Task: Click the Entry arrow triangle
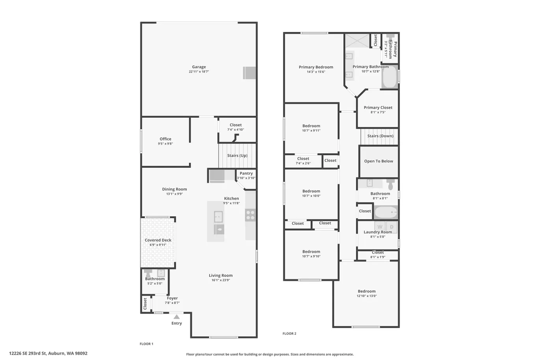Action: (x=177, y=317)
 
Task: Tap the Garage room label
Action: (x=199, y=67)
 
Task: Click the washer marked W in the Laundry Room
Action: (x=380, y=226)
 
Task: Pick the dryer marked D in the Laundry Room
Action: (x=392, y=226)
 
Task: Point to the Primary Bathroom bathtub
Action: (x=390, y=76)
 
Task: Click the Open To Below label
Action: (x=379, y=161)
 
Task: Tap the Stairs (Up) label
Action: (x=237, y=156)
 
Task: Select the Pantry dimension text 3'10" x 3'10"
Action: (x=246, y=178)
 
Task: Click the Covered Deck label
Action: (x=158, y=240)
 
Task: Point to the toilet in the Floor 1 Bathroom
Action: (x=148, y=273)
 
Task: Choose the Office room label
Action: (x=165, y=139)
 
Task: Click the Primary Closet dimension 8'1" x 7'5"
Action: (x=378, y=112)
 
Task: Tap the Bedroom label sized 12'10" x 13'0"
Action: (x=367, y=291)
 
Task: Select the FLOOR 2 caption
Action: (x=289, y=334)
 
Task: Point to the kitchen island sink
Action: (x=219, y=217)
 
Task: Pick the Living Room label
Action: (x=221, y=275)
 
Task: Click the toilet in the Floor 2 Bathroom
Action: (x=391, y=184)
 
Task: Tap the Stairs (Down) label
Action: (x=380, y=136)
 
